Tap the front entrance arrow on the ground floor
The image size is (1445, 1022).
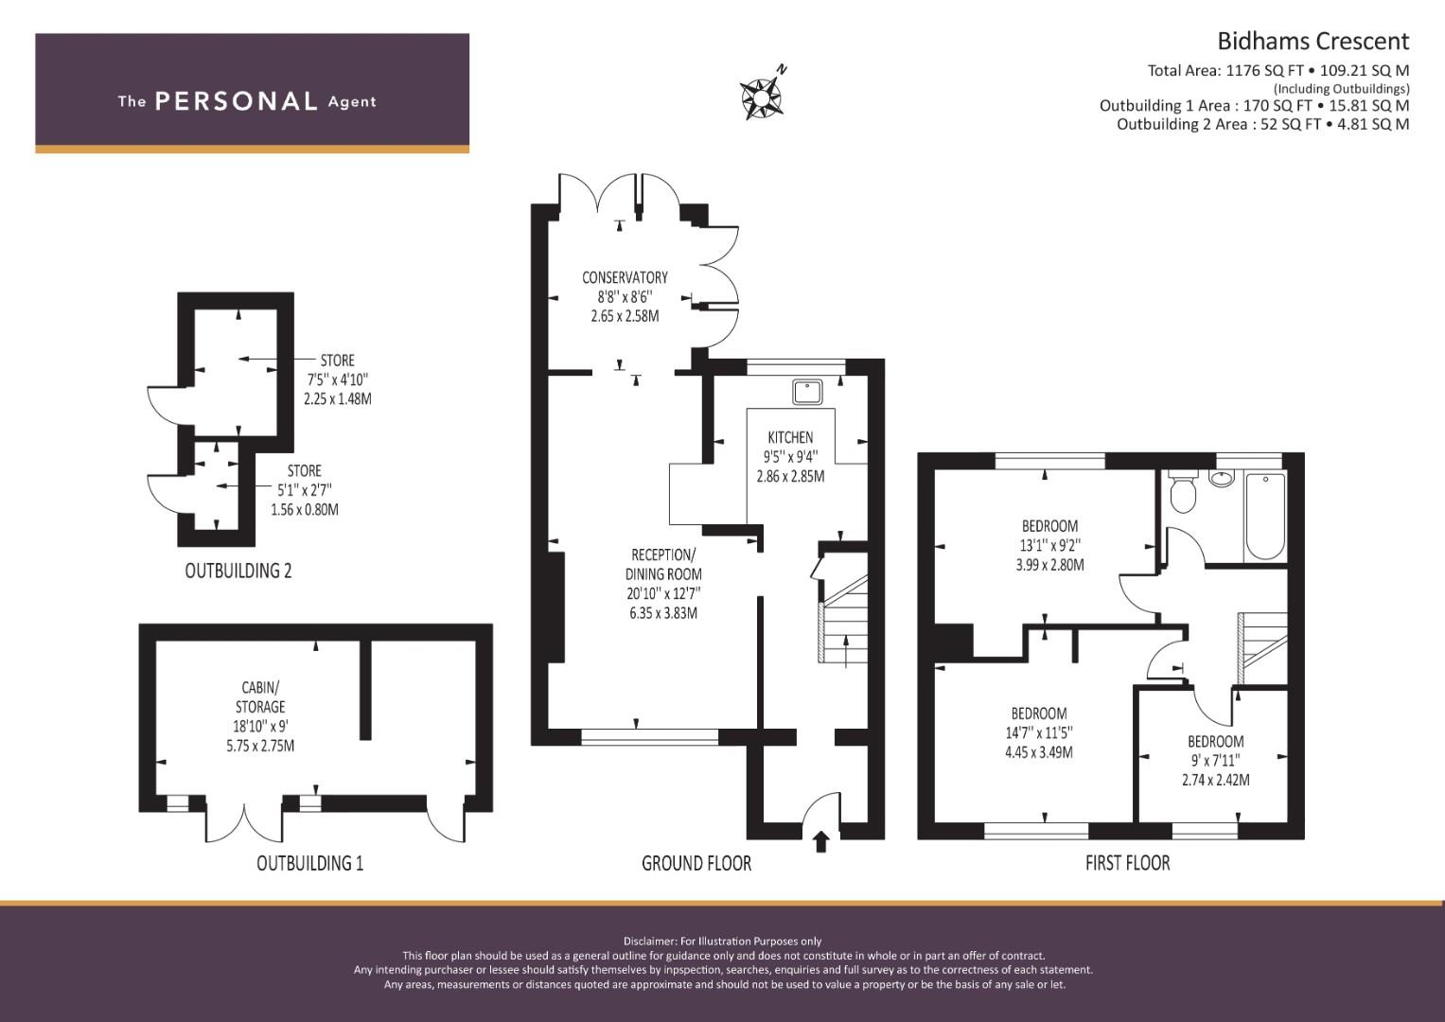click(x=820, y=842)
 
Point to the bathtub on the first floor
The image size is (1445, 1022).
click(x=1265, y=516)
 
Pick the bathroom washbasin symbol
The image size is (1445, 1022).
click(x=1221, y=478)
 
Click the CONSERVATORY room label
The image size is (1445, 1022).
click(x=625, y=277)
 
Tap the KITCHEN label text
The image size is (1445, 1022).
click(x=790, y=437)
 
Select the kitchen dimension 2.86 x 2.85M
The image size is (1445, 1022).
click(x=790, y=476)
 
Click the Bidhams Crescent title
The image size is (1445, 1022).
click(x=1313, y=42)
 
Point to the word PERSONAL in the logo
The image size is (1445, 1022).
click(x=237, y=101)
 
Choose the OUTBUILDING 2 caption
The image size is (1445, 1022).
click(x=238, y=571)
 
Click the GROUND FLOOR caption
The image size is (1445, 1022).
click(x=696, y=863)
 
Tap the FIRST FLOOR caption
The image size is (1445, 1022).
click(x=1127, y=863)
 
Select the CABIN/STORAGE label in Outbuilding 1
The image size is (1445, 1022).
click(x=260, y=696)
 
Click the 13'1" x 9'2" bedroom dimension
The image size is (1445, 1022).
click(x=1049, y=545)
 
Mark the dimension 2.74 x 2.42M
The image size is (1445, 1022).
click(x=1215, y=780)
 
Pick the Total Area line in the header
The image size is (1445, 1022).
click(x=1278, y=70)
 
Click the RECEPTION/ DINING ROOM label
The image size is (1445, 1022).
click(x=663, y=565)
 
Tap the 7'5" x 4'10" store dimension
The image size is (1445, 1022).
click(x=338, y=379)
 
